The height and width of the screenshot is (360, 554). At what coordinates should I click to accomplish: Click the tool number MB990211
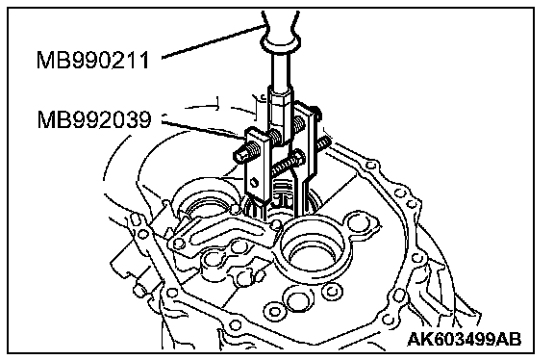pos(93,60)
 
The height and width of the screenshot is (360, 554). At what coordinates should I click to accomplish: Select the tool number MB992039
pos(94,119)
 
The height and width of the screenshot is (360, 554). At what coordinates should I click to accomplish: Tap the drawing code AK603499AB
pos(465,340)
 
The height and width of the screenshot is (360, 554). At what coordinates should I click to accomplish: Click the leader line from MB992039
pos(202,128)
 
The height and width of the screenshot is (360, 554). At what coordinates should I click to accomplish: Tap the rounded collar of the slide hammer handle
pos(281,43)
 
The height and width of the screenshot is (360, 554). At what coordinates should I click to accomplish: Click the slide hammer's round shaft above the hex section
pos(281,70)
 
